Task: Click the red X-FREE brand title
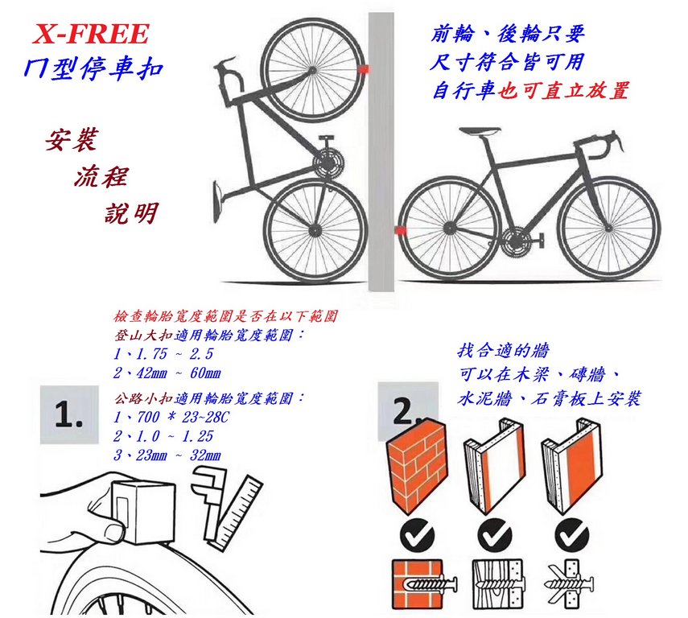pyautogui.click(x=91, y=35)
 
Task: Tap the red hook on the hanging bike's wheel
pyautogui.click(x=364, y=69)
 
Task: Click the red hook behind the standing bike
pyautogui.click(x=400, y=230)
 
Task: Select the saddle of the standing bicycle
pyautogui.click(x=480, y=131)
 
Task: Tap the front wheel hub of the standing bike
pyautogui.click(x=609, y=228)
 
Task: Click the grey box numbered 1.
pyautogui.click(x=69, y=414)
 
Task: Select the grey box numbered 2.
pyautogui.click(x=407, y=410)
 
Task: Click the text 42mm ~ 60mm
pyautogui.click(x=167, y=373)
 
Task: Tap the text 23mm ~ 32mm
pyautogui.click(x=167, y=455)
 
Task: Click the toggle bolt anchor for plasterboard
pyautogui.click(x=569, y=584)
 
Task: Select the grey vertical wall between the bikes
pyautogui.click(x=381, y=151)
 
